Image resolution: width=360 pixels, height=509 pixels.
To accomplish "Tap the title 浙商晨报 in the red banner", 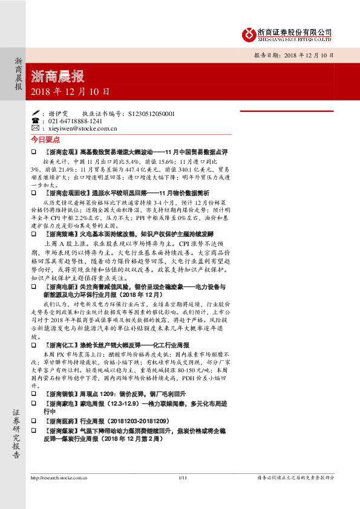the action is (x=57, y=76).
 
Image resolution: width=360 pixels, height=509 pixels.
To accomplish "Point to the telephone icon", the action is (x=34, y=121).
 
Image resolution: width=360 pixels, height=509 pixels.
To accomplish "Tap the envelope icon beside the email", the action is (x=34, y=128).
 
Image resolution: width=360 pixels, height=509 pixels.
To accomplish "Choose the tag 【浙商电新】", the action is (x=61, y=287).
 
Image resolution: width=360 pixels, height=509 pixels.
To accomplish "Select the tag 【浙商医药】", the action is (x=61, y=436).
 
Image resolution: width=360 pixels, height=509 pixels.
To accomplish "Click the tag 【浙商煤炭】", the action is (x=61, y=447).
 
